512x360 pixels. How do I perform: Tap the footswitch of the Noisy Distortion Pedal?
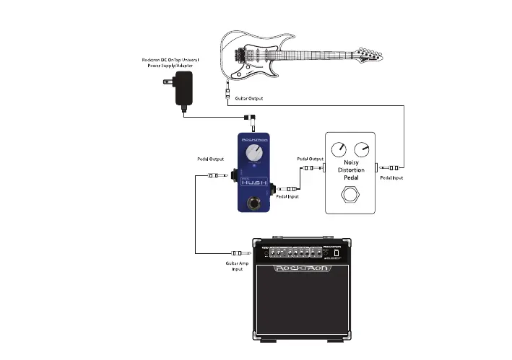(x=351, y=193)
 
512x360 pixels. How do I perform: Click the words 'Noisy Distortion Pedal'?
(x=351, y=170)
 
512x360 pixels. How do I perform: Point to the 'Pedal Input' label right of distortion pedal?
(x=391, y=177)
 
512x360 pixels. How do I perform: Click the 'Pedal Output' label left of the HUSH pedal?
(x=209, y=159)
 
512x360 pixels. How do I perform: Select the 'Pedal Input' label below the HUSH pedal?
(x=287, y=197)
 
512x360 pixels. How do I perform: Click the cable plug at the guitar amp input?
(x=237, y=253)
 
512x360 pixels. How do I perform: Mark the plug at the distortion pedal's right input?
(x=394, y=167)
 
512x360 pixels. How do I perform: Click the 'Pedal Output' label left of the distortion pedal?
(x=310, y=158)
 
